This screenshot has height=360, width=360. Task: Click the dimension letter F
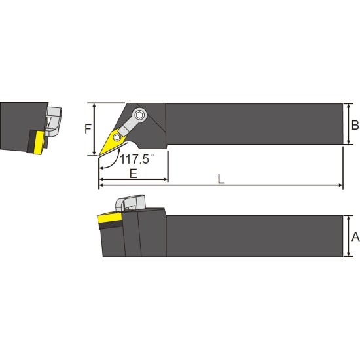[88, 129]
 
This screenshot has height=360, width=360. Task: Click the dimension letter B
[355, 126]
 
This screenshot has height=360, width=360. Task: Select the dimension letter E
[133, 173]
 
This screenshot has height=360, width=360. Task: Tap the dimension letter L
[221, 179]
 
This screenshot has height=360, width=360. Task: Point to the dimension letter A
[355, 237]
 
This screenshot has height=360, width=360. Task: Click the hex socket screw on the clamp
[139, 115]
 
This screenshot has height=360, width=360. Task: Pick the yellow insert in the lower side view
[110, 218]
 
